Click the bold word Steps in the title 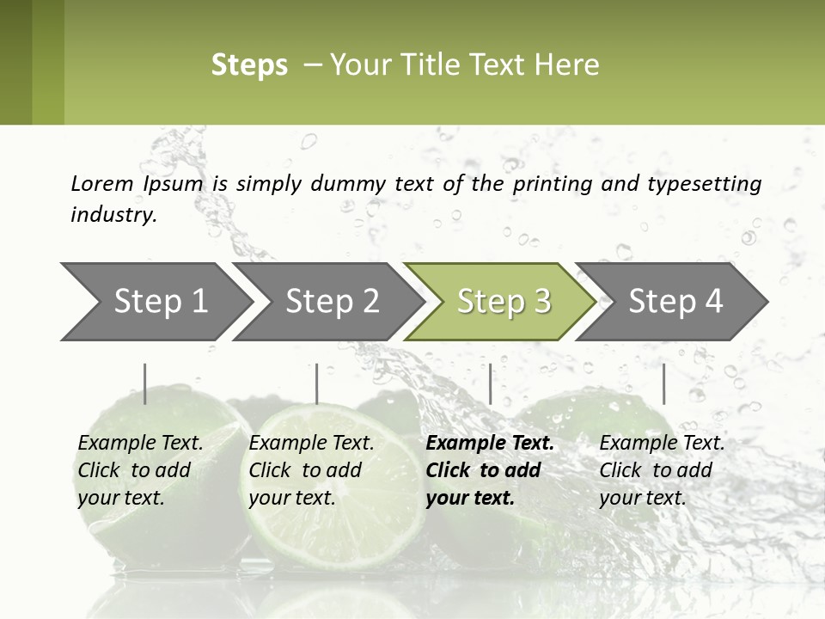tap(249, 65)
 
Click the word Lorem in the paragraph tap(101, 184)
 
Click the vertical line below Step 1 tap(144, 383)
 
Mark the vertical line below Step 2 tap(317, 383)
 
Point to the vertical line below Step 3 tap(490, 383)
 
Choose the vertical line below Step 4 tap(663, 383)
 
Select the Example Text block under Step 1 tap(140, 469)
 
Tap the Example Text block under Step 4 tap(662, 469)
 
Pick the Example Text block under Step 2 tap(311, 469)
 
